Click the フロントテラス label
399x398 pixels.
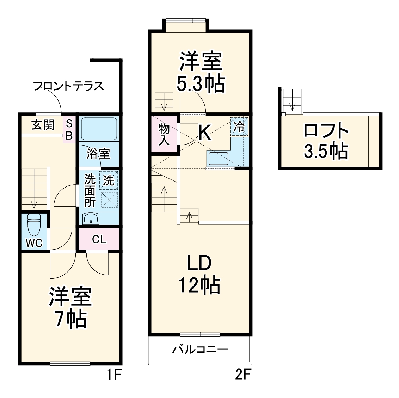tap(69, 86)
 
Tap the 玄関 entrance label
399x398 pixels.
tap(43, 125)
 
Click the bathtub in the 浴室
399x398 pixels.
tap(99, 129)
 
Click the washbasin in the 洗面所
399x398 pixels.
tap(92, 219)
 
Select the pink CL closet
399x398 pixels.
tap(99, 239)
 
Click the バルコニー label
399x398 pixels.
tap(200, 350)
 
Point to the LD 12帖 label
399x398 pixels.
tap(199, 275)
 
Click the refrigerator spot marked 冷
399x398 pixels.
tap(239, 127)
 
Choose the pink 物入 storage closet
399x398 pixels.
tap(164, 134)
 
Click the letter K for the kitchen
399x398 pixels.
tap(205, 133)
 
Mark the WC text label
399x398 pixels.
tap(34, 243)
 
